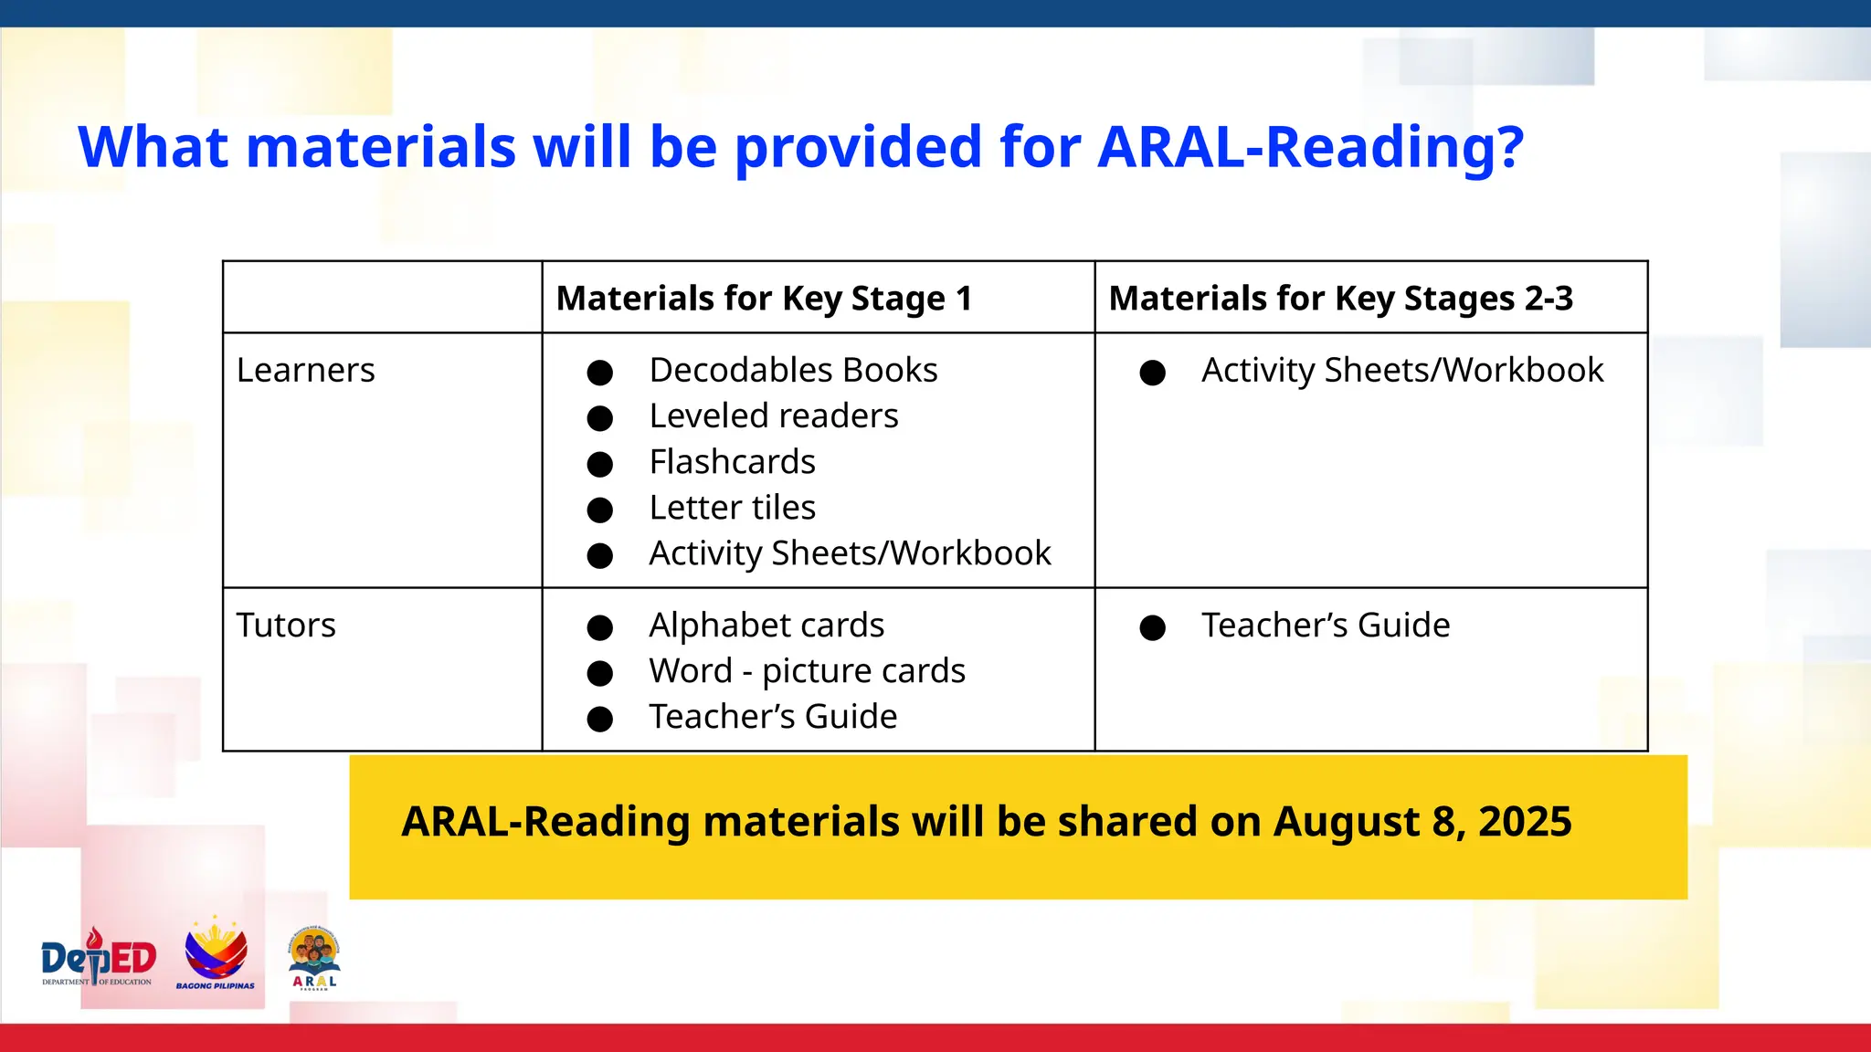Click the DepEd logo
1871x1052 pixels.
99,959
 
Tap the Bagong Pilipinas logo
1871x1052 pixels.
216,955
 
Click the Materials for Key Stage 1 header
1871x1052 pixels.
764,299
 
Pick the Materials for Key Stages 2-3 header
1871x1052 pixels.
1340,299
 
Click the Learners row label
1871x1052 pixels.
305,371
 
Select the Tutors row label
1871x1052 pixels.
286,626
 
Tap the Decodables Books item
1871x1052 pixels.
793,371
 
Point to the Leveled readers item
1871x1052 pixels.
773,416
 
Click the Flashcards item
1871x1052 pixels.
732,462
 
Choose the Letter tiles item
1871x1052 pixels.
732,508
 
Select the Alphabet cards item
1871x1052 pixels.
766,626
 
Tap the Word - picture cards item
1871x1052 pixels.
807,671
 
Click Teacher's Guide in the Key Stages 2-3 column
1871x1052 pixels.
1325,626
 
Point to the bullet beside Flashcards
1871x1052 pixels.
599,464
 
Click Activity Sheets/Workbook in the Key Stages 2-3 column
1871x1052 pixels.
1401,371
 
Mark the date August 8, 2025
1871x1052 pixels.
1422,821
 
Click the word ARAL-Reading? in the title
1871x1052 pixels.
1310,147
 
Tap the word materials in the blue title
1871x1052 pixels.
381,147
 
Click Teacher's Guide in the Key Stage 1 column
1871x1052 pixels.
773,717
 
